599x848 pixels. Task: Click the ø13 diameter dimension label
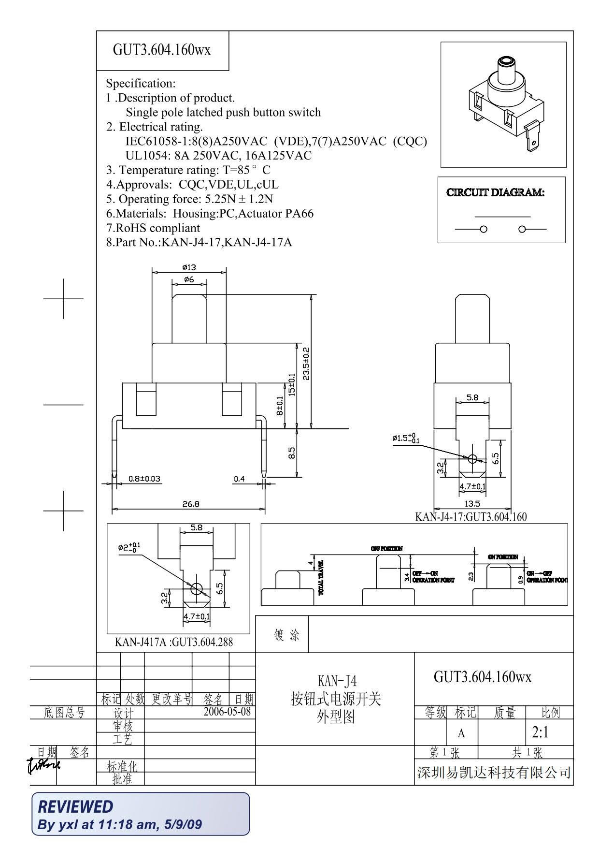click(x=189, y=267)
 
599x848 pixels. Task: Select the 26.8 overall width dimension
click(x=191, y=504)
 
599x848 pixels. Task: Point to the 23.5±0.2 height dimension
click(x=306, y=364)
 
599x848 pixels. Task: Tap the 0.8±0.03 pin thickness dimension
click(x=144, y=479)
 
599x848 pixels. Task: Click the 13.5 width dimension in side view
click(x=472, y=504)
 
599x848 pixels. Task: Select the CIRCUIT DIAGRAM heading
click(x=495, y=192)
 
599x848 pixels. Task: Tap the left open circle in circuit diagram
click(x=484, y=229)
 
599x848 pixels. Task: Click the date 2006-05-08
click(x=227, y=711)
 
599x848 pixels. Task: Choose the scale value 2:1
click(x=540, y=733)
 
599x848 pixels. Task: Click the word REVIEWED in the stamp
click(x=75, y=806)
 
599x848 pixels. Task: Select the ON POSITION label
click(x=502, y=557)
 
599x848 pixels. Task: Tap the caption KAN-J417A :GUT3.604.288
click(x=173, y=642)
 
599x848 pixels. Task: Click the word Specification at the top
click(x=141, y=83)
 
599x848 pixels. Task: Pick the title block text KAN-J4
click(x=337, y=681)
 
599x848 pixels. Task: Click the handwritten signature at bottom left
click(x=43, y=764)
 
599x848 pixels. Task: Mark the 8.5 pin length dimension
click(x=292, y=453)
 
